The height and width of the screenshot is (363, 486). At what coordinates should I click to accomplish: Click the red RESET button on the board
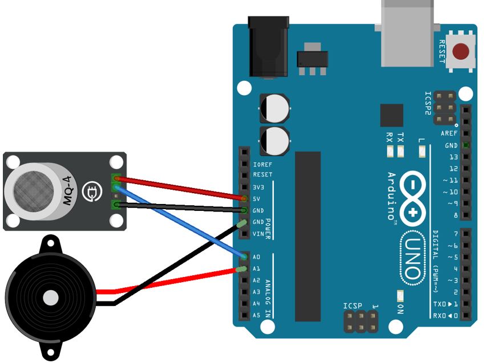(x=461, y=52)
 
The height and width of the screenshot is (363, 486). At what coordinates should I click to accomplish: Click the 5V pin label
(x=257, y=198)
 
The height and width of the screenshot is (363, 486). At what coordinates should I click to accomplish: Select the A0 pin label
(x=257, y=257)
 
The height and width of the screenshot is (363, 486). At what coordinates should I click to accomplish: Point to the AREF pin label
(x=449, y=133)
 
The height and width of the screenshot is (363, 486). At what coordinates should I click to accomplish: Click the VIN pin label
(x=258, y=234)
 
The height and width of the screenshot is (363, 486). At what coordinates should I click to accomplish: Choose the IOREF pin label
(x=262, y=164)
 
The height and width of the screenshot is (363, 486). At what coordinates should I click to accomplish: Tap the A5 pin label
(x=257, y=315)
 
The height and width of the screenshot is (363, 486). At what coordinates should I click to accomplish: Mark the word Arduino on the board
(x=392, y=196)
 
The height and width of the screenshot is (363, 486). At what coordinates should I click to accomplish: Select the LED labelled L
(x=422, y=152)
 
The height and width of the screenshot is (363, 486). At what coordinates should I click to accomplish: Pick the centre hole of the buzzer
(x=51, y=296)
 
